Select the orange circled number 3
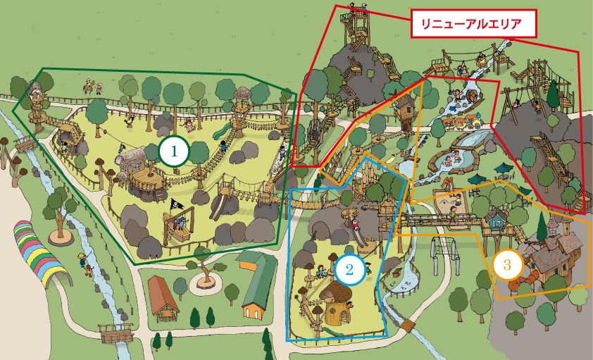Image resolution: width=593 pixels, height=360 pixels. tap(508, 265)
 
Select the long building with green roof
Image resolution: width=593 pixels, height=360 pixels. tap(257, 285)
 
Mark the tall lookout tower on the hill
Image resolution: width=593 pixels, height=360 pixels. tap(355, 28)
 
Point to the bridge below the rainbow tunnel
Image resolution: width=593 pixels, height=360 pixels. tap(117, 331)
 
